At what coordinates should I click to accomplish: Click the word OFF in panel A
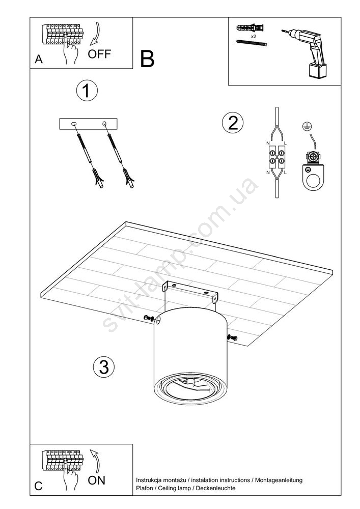(99, 54)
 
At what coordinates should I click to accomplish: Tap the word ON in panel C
(96, 480)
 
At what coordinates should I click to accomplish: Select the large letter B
(147, 59)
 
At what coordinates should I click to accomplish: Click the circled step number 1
(87, 91)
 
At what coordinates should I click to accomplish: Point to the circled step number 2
(232, 123)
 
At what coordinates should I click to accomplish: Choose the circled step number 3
(104, 367)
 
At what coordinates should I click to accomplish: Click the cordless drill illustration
(306, 53)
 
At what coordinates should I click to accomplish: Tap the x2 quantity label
(254, 37)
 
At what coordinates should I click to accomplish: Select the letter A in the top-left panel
(39, 60)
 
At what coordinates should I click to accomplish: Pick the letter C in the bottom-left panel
(38, 486)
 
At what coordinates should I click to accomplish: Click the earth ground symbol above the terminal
(305, 126)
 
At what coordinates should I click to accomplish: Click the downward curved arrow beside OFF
(96, 34)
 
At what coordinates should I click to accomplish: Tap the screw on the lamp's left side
(148, 318)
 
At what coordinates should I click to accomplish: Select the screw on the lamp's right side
(232, 337)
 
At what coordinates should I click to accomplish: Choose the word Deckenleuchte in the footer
(216, 488)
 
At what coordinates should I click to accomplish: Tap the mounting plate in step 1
(88, 124)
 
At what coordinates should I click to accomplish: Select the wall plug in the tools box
(251, 28)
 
